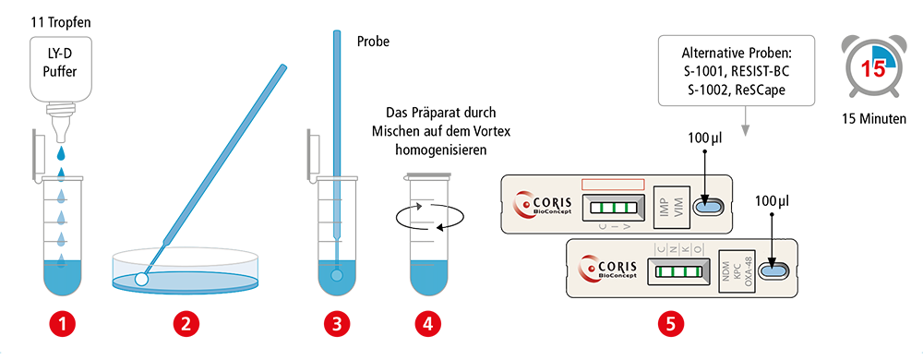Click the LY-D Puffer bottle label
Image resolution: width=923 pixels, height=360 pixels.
point(61,66)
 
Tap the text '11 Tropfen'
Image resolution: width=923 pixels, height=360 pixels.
point(61,24)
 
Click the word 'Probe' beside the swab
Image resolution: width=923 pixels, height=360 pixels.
point(373,42)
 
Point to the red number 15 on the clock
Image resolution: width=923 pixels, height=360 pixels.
point(873,69)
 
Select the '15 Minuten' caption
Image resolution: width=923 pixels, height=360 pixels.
point(873,119)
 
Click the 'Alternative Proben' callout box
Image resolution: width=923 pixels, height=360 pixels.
point(737,70)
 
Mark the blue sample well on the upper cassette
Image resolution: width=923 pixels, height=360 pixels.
point(707,207)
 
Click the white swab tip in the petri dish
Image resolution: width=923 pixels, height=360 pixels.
point(141,279)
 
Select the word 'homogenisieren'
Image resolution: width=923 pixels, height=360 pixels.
point(441,150)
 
